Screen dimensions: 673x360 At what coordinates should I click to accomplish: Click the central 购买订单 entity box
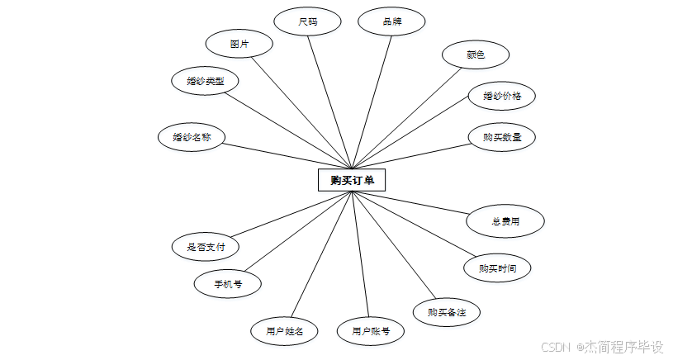coord(352,179)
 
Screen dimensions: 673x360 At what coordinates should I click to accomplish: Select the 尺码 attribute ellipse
coord(308,21)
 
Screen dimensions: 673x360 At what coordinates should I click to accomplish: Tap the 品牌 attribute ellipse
coord(391,21)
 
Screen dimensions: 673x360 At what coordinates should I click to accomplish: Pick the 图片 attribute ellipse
coord(239,43)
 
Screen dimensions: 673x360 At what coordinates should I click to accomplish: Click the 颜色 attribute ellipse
coord(476,55)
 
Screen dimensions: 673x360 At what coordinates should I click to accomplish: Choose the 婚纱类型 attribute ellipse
coord(206,81)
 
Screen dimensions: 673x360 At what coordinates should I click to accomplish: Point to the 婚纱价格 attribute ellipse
coord(502,96)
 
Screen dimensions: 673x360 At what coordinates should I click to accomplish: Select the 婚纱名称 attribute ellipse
coord(192,137)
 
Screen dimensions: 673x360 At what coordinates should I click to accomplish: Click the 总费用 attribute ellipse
coord(505,221)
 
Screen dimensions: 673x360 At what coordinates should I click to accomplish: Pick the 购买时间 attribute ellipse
coord(495,268)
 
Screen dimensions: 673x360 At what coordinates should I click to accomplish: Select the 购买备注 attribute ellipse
coord(447,312)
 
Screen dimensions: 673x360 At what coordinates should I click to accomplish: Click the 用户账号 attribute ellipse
coord(371,332)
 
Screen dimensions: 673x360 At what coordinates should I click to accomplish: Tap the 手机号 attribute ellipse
coord(228,284)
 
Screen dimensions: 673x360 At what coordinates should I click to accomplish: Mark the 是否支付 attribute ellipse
coord(206,246)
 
